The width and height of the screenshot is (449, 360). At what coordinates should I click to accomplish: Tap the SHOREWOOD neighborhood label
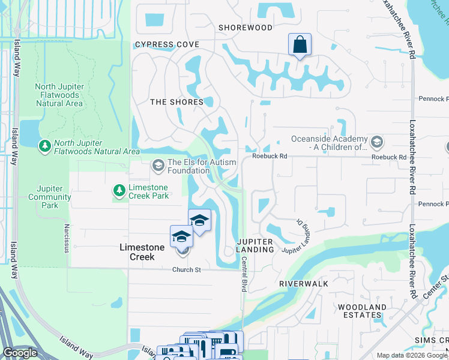245,28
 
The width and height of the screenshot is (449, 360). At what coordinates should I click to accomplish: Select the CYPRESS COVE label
167,45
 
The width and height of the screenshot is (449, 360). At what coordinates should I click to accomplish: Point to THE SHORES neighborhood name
176,102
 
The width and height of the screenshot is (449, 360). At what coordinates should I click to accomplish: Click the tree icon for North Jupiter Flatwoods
44,145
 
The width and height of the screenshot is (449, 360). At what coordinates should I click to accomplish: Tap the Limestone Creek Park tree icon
119,191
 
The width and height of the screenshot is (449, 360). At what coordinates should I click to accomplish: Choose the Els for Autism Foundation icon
158,164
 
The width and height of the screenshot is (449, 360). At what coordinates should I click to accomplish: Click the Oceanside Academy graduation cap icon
377,142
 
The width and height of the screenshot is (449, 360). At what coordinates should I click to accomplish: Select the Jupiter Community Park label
49,197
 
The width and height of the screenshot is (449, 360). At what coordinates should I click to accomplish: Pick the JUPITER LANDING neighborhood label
255,245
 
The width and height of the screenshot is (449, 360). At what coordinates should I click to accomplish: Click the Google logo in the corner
20,353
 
